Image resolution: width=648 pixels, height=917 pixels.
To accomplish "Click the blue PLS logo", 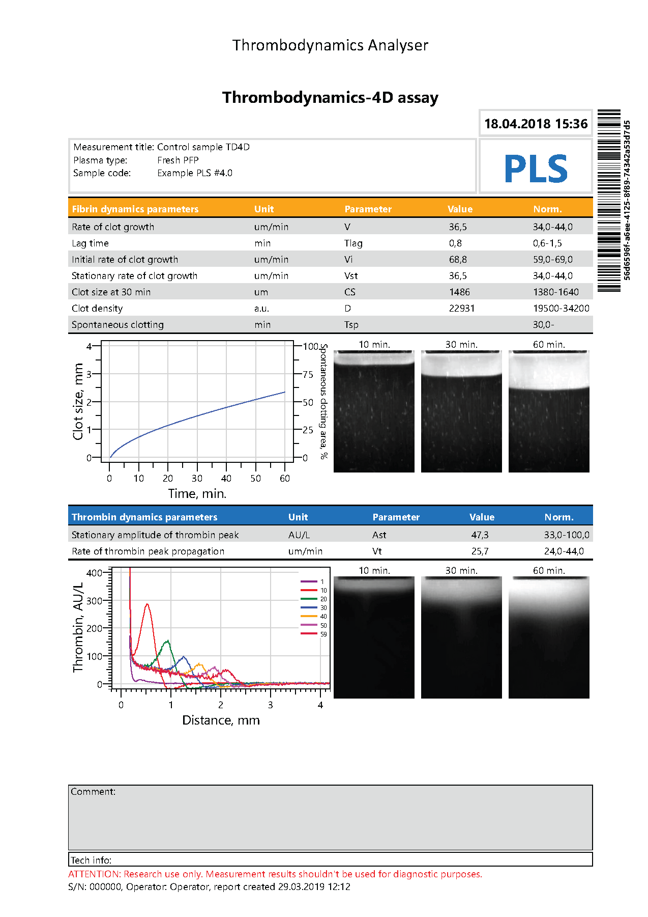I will [536, 169].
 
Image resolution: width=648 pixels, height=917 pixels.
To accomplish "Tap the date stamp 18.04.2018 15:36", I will [536, 124].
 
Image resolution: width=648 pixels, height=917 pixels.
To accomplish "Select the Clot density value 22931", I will [461, 309].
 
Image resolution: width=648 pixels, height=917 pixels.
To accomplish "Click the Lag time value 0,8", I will [455, 243].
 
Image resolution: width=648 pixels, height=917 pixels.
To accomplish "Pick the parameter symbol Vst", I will [351, 276].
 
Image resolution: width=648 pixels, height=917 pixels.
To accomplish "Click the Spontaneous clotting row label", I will [117, 325].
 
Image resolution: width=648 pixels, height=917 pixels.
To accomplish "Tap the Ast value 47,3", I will [480, 535].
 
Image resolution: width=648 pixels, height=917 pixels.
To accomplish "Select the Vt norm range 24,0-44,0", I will [564, 551].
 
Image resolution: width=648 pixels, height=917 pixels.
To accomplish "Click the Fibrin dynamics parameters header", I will [135, 209].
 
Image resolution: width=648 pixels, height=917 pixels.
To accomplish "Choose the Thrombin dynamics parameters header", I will [144, 517].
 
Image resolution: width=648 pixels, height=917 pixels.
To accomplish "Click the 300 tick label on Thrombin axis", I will [94, 601].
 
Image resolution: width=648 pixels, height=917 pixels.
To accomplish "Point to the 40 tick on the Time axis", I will [226, 478].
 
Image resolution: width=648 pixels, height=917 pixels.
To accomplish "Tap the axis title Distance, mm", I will [221, 720].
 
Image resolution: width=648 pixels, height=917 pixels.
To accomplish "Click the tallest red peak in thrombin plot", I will [148, 604].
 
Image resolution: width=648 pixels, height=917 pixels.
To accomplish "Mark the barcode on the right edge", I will [609, 200].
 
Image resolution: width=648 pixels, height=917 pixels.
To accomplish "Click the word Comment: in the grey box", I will [93, 792].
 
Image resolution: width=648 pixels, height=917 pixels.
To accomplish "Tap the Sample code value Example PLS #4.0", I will [194, 173].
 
